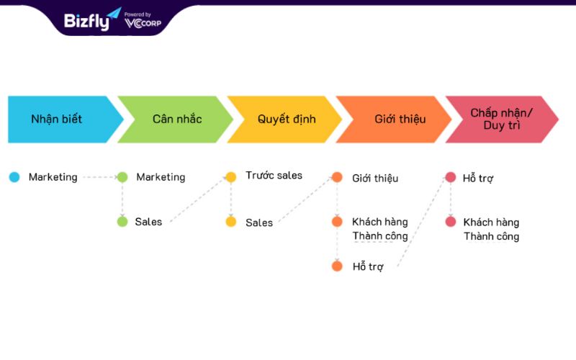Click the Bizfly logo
coord(92,20)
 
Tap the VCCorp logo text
coord(143,23)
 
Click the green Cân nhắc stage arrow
coord(176,120)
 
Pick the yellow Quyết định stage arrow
coord(285,120)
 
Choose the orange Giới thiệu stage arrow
coord(394,120)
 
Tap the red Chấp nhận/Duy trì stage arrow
coord(502,120)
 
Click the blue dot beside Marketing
coord(14,177)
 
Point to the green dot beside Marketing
coord(122,177)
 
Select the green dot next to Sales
coord(122,222)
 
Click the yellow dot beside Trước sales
coord(230,177)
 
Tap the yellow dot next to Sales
coord(230,222)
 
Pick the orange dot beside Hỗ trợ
coord(337,266)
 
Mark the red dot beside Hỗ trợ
coord(451,177)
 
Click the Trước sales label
coord(274,176)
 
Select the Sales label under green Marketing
coord(148,222)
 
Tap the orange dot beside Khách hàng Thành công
coord(337,222)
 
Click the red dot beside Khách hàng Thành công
coord(451,222)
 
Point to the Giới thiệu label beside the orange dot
coord(375,179)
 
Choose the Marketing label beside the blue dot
coord(53,177)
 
